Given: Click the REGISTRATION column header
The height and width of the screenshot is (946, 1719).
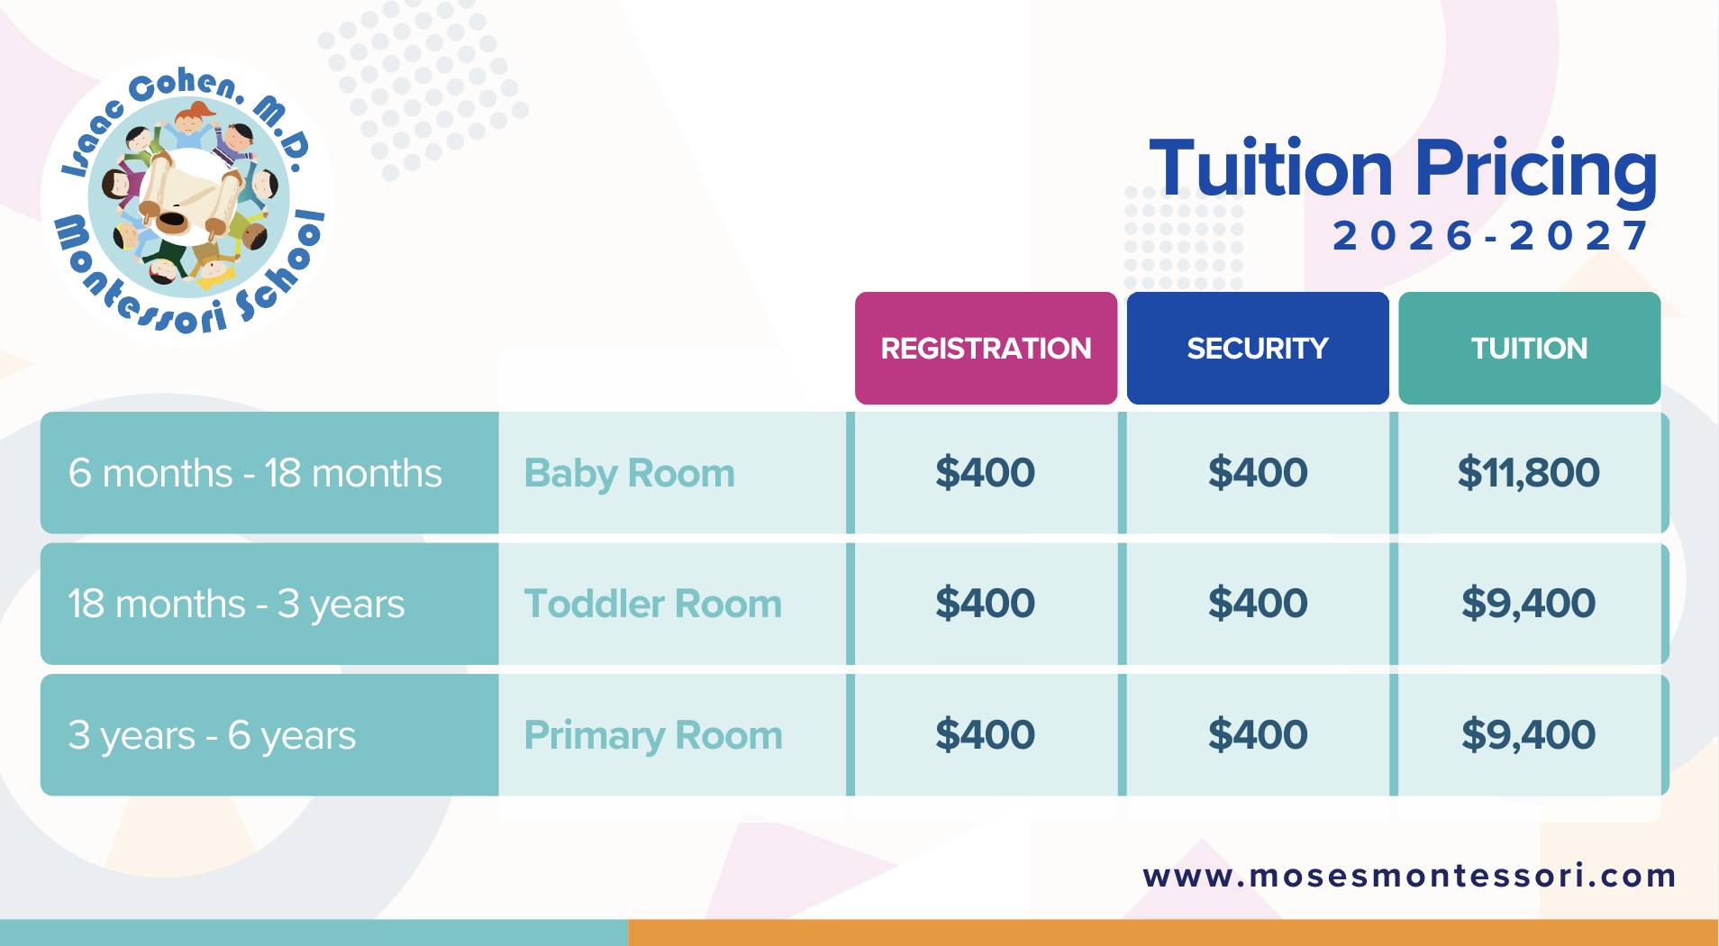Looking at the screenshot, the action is pos(986,348).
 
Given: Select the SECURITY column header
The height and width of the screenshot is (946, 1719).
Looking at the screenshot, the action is pos(1258,348).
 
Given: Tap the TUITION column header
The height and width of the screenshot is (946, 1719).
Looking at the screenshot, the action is pos(1529,348).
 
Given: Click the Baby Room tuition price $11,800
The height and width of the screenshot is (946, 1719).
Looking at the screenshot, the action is pos(1529,473).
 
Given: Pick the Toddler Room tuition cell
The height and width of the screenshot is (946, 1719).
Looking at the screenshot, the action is pos(1529,604).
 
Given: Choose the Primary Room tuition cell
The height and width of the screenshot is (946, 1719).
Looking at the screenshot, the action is pos(1529,735).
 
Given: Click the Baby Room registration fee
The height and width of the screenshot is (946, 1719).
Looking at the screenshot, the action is pos(985,473).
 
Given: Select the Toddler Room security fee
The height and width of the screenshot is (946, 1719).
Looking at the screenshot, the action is pos(1258,604).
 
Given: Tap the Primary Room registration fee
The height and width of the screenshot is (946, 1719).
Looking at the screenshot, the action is pos(985,735).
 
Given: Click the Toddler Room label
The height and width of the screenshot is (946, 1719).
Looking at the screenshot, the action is pos(653,604).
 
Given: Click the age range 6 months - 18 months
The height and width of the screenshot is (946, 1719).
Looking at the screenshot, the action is pos(255,473).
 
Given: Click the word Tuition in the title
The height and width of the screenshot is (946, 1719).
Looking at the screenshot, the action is pos(1271,168).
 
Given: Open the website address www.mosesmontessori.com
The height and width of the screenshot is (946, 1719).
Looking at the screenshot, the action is pos(1409,876).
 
